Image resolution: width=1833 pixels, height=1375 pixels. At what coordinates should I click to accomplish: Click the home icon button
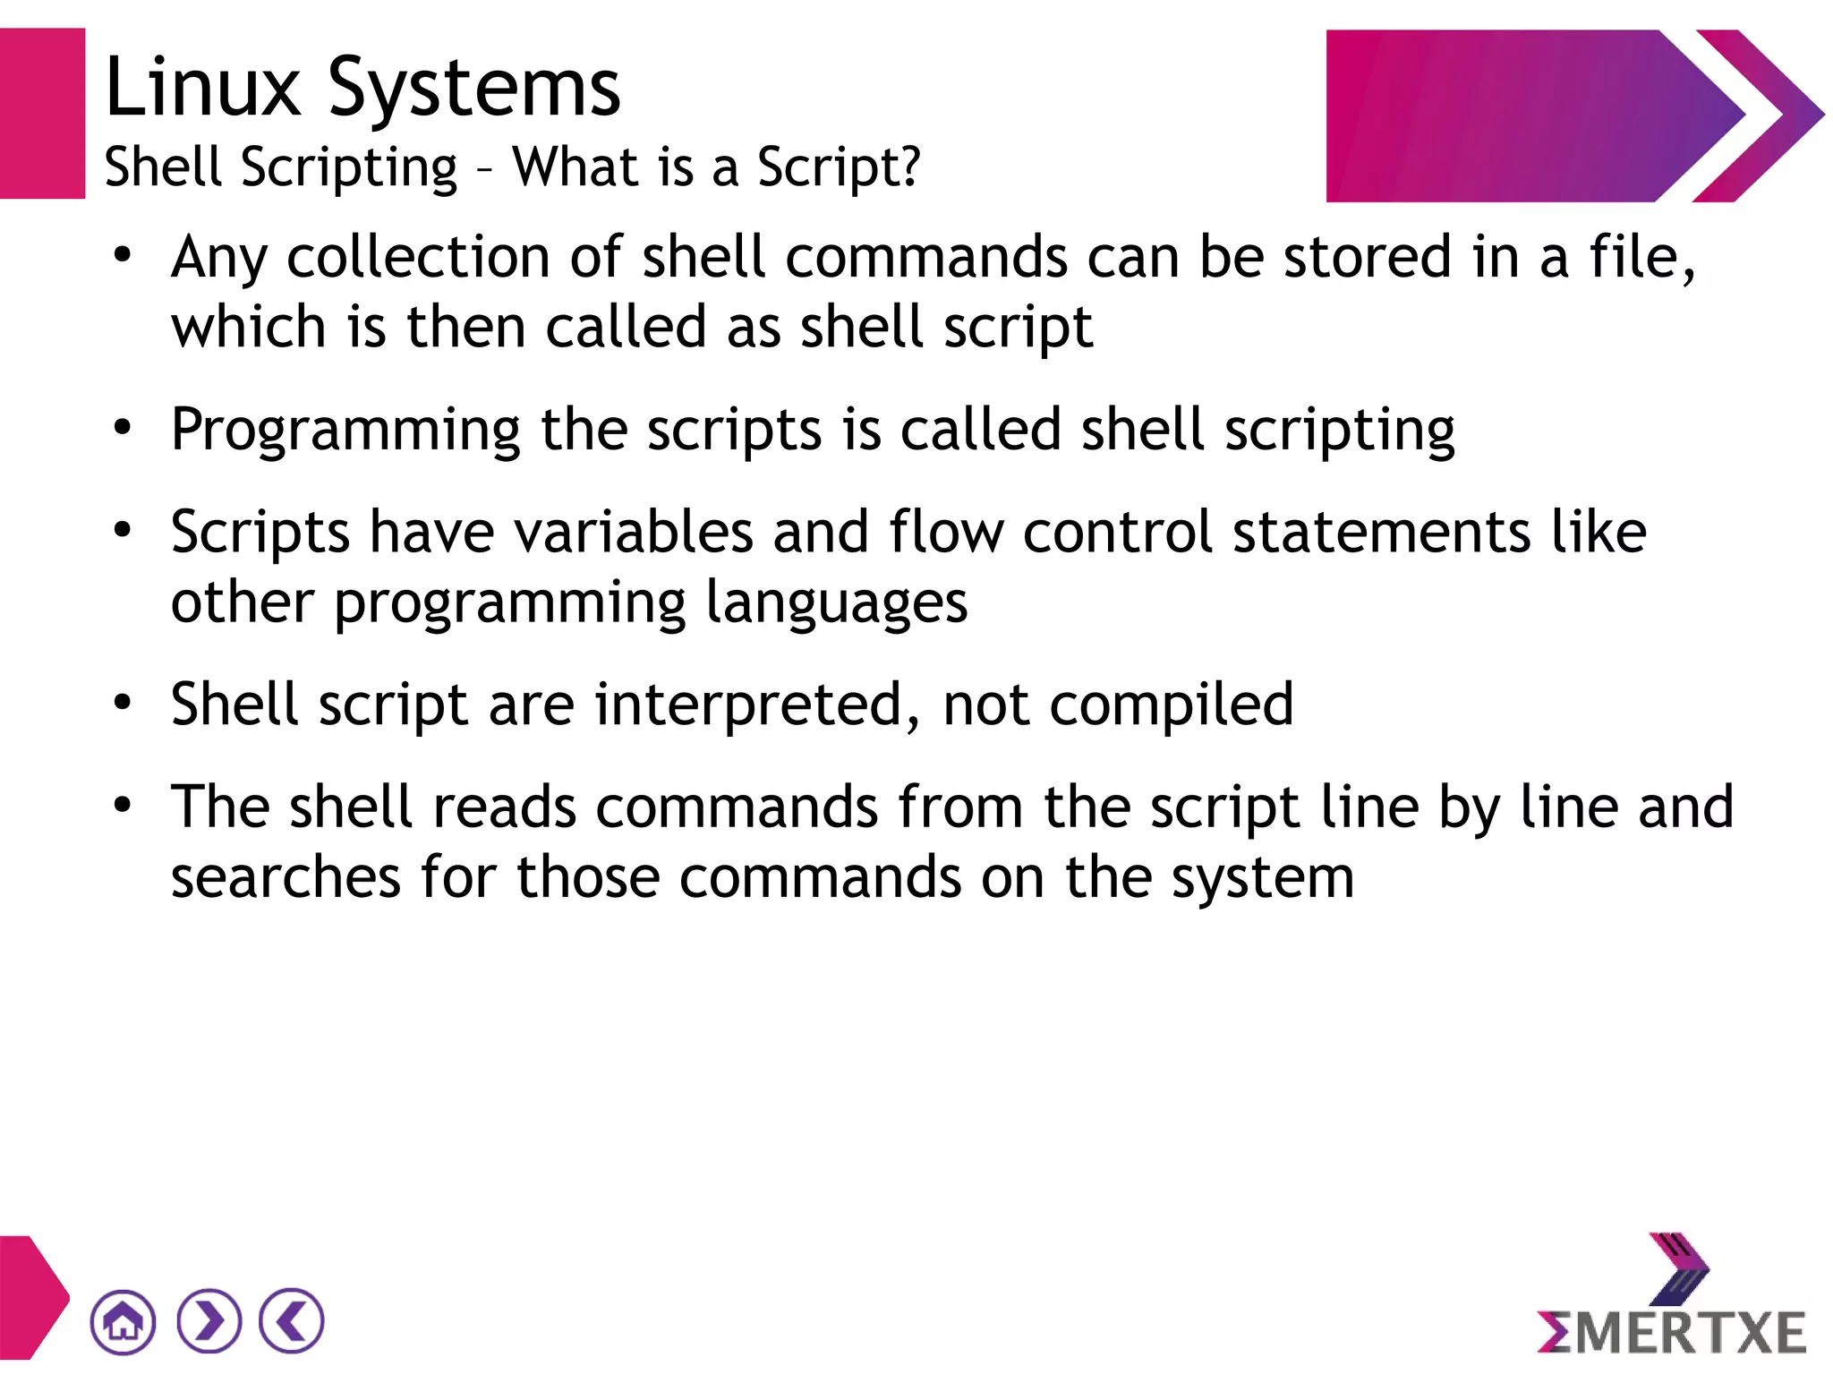point(123,1321)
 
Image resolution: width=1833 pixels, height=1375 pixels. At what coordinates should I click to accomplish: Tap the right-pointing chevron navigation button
point(209,1321)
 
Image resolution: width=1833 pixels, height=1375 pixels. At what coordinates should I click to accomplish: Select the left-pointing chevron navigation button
point(291,1321)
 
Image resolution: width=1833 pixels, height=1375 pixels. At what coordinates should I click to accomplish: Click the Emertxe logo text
point(1672,1333)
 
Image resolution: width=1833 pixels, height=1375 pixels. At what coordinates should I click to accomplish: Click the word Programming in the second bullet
point(345,431)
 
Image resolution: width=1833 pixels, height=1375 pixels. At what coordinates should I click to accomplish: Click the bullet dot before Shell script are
point(123,703)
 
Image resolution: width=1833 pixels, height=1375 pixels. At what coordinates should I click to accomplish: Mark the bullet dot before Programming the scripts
point(123,428)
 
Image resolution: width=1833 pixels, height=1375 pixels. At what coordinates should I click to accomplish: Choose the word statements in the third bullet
point(1381,533)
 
